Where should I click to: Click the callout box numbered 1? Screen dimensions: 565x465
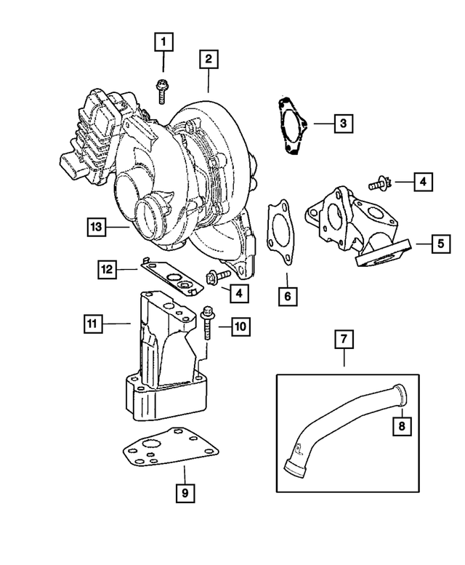163,41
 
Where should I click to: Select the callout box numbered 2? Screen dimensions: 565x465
209,59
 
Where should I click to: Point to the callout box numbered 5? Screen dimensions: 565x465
440,243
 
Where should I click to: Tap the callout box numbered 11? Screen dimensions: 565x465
92,320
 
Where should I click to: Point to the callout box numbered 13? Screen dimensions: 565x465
100,227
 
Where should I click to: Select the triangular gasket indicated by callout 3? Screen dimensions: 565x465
291,128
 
